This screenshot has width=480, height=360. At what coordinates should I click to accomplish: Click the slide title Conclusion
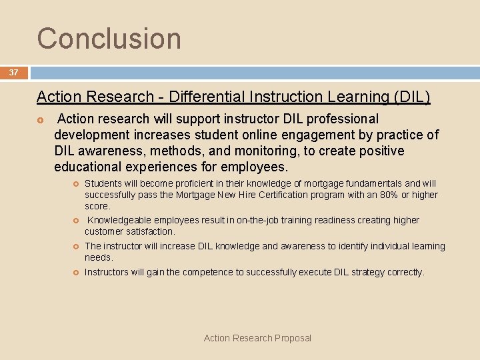point(109,38)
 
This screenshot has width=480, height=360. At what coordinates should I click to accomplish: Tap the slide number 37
point(14,73)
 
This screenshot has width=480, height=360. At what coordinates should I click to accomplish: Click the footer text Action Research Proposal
point(257,338)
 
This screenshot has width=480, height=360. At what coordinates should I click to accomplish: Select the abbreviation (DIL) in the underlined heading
point(413,97)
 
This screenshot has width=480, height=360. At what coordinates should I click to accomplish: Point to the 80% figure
point(391,195)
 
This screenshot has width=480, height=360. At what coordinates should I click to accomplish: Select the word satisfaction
point(151,231)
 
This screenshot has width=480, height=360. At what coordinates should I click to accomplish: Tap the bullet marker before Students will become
point(75,183)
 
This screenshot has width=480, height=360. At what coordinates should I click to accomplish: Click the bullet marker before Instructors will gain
point(75,272)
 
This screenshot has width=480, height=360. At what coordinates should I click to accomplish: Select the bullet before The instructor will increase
point(75,246)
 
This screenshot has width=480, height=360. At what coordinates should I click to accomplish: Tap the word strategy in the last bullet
point(357,272)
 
